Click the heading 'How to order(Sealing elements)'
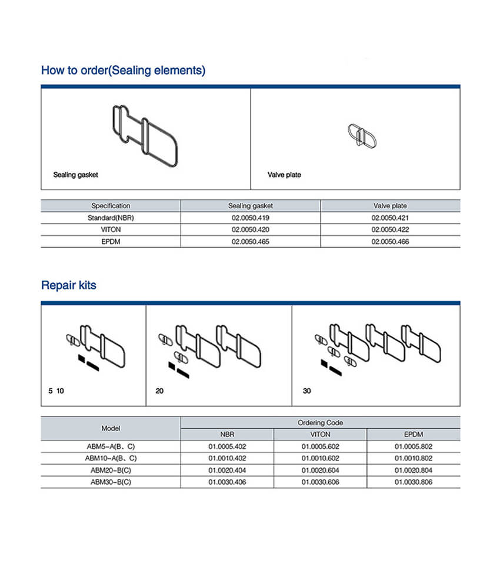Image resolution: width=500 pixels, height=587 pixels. point(123,71)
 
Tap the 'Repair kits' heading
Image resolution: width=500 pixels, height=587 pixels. point(68,286)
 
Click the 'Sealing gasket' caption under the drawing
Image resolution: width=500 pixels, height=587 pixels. point(75,175)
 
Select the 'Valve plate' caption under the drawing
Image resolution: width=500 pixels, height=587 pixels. point(284,175)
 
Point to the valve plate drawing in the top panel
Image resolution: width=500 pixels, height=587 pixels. point(361,136)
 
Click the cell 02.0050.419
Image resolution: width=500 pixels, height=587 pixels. point(251,218)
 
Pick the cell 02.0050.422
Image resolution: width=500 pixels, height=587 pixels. point(390,229)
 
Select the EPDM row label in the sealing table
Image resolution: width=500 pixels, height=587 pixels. point(111,242)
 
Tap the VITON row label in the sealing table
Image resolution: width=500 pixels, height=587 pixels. point(111,229)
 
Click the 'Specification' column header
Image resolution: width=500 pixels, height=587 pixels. point(111,206)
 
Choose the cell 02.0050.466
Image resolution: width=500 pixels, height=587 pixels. point(390,242)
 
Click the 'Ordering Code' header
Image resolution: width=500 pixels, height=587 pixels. point(321,422)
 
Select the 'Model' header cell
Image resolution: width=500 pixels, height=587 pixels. point(111,428)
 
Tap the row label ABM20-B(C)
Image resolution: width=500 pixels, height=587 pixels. point(111,470)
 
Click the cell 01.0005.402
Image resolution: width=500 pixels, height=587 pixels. point(227,446)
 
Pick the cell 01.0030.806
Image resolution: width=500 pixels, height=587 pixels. point(414,482)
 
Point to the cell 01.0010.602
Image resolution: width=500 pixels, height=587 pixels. point(321,458)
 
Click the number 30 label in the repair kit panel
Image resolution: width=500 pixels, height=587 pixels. point(306,391)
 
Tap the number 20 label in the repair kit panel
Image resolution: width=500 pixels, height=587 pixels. point(160,391)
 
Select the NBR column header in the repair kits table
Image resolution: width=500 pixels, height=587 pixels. point(227,434)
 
